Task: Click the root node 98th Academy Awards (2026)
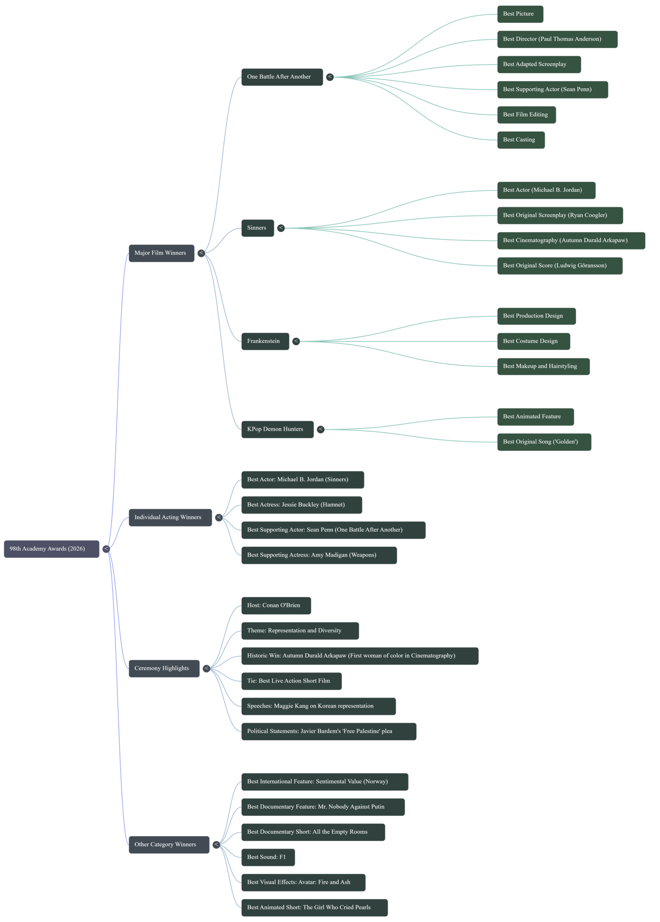51,549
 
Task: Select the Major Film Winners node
161,253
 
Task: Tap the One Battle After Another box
282,77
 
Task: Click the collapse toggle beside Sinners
281,228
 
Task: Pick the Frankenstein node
265,341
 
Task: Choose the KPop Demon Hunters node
277,429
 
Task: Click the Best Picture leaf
520,14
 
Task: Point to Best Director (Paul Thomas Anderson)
557,39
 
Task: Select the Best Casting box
521,140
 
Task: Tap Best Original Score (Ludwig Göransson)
559,266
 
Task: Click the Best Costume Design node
533,341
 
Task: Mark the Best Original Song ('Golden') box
544,442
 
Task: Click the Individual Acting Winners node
170,517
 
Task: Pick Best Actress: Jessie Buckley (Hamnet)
302,505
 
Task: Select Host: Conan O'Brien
276,605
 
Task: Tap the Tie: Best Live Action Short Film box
291,681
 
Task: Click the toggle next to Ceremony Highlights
206,668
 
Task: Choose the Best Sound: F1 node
268,857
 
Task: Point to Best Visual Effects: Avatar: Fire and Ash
303,882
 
